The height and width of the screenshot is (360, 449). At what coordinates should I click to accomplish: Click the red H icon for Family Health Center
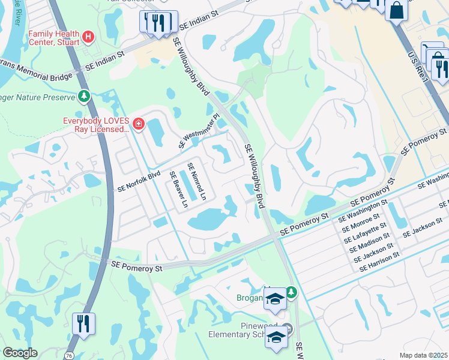(88, 37)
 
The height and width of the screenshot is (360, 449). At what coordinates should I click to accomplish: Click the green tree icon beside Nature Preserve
(84, 96)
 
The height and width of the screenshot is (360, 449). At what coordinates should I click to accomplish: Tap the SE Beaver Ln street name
(178, 191)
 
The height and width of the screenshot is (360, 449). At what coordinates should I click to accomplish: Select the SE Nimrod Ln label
(196, 182)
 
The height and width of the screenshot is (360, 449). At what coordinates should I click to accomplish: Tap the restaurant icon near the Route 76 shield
(83, 323)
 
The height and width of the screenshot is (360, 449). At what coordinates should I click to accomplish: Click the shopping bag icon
(397, 10)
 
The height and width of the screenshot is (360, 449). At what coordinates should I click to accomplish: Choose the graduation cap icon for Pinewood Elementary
(277, 338)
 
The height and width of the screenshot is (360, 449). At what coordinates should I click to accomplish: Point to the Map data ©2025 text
(423, 355)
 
